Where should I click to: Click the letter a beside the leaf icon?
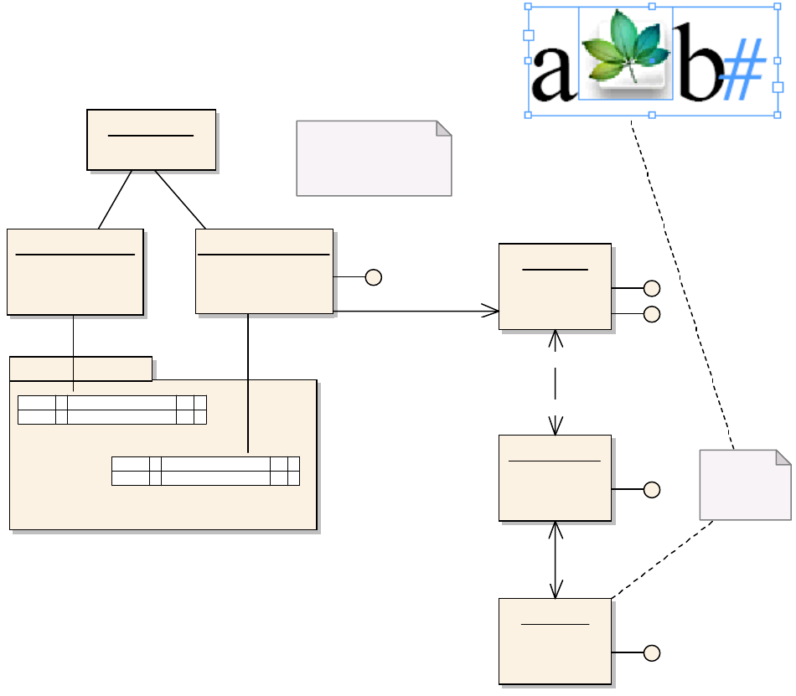point(551,75)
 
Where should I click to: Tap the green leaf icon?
point(626,52)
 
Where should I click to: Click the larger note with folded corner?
point(374,158)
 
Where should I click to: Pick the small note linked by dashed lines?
point(745,485)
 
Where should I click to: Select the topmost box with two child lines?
point(152,140)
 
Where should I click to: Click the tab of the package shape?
point(80,369)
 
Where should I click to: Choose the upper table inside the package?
point(112,410)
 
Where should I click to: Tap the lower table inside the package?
point(206,471)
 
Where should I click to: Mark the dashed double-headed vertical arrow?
point(556,382)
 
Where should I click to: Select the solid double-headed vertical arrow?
point(556,559)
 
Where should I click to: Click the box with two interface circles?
point(555,286)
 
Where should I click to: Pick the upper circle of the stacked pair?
point(652,288)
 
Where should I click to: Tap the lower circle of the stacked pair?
point(652,314)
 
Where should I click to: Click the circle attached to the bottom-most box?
point(652,653)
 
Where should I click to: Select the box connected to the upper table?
point(75,271)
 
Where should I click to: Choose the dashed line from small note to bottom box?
point(662,559)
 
